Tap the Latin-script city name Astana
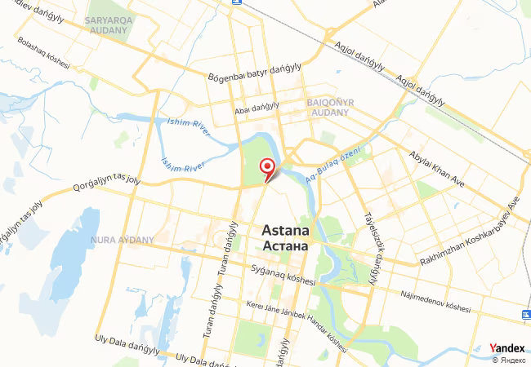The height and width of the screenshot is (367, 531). (285, 231)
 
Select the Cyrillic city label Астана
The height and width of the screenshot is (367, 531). (285, 245)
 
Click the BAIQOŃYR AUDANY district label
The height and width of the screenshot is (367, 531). (329, 106)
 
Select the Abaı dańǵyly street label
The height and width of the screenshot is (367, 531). (257, 107)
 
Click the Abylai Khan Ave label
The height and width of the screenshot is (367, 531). (437, 172)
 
